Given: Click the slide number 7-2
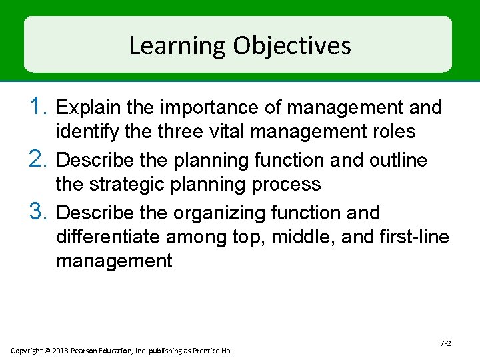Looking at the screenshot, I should [x=445, y=343].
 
